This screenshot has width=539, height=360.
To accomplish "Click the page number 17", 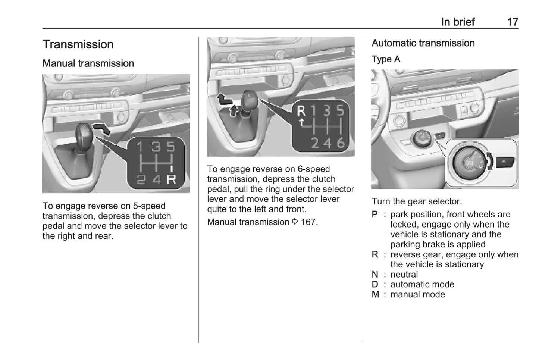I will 513,22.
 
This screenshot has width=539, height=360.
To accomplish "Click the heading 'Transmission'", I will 78,44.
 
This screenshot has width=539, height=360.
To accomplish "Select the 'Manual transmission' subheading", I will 88,63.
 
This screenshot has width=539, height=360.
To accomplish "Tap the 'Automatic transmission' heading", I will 423,43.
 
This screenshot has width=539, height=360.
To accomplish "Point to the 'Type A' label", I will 386,59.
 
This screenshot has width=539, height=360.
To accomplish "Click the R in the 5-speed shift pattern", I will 171,179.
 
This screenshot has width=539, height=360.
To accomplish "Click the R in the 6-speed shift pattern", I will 301,111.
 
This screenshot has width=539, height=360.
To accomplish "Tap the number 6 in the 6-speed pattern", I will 341,143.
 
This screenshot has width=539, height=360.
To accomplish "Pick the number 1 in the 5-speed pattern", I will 139,147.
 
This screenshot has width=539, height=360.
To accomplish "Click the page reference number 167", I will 308,222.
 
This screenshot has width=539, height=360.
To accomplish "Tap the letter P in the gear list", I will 375,215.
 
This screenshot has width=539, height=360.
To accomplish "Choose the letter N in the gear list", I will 375,275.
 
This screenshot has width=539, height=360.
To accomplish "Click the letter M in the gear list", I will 376,295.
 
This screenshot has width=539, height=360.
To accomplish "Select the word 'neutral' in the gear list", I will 404,275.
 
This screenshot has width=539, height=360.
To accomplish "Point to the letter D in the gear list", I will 375,285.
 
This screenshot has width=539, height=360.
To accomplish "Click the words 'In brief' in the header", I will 458,22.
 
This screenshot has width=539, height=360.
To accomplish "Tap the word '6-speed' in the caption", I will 313,169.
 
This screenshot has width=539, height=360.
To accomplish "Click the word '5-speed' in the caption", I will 149,206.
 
